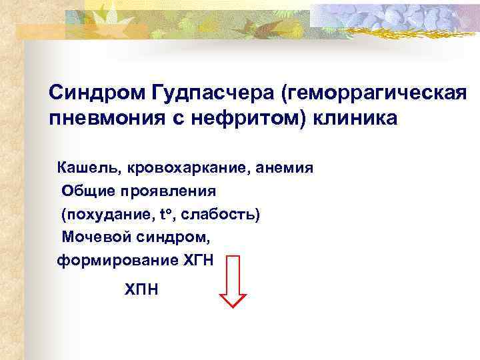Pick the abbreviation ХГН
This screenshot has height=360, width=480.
click(198, 261)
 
